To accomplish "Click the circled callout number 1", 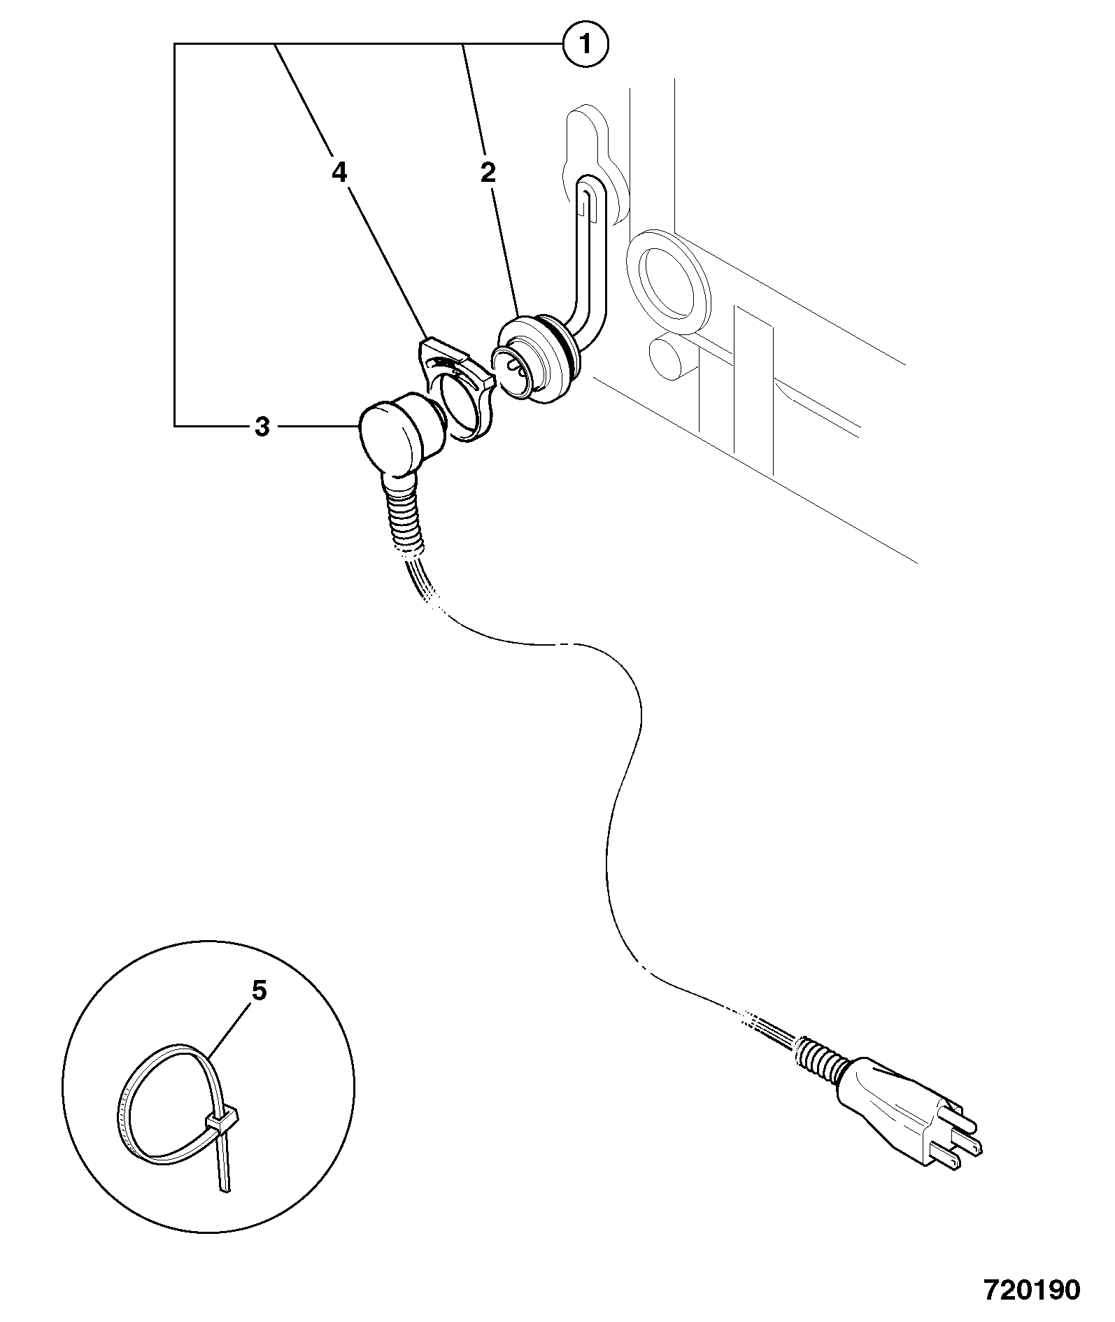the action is coord(585,45).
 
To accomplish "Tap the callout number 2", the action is coord(488,172).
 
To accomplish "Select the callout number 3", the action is coord(262,426).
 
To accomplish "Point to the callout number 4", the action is coord(339,172).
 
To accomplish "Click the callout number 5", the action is coord(259,990).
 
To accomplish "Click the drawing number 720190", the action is coord(1032,1289).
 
